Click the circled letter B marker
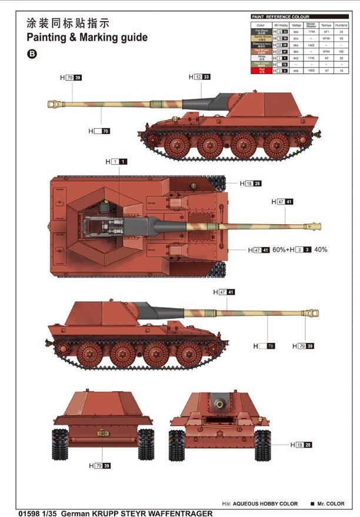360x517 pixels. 31,54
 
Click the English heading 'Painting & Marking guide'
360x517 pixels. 87,38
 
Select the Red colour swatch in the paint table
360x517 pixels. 261,70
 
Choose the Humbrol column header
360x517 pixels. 341,25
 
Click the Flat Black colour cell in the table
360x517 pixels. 261,32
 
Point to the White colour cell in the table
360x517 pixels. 261,58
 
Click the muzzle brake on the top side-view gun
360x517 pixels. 56,104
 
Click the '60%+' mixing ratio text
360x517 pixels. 279,249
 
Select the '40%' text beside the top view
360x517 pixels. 321,249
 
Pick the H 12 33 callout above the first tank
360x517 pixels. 199,77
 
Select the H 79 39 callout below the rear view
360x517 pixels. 101,466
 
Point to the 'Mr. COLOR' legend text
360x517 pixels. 331,504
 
